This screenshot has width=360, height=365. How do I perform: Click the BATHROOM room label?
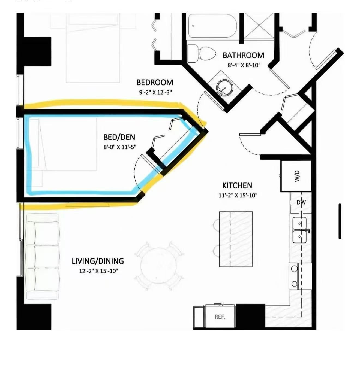243,55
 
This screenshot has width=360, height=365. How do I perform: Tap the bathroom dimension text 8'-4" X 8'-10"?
244,65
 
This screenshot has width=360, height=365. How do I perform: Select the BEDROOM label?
155,83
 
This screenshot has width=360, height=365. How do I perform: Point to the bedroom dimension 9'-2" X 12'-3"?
155,92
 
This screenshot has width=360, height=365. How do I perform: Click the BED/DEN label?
119,137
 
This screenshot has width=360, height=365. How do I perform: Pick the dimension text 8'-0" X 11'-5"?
120,147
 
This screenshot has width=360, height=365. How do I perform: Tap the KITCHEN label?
237,185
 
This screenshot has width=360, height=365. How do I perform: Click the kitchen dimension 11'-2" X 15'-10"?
238,195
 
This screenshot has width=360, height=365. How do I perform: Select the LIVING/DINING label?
98,261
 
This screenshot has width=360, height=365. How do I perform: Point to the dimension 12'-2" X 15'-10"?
98,271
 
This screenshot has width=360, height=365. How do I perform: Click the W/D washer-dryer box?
296,176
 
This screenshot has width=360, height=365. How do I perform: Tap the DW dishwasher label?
301,202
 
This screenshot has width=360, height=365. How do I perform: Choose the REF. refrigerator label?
220,317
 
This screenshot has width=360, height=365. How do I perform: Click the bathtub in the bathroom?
212,26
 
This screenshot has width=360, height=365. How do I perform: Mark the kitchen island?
236,239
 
